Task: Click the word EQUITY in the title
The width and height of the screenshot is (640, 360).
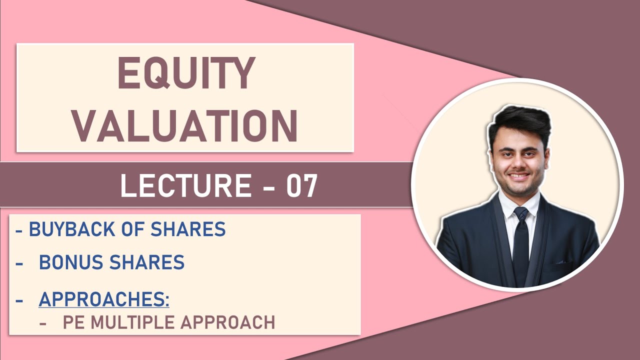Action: (186, 73)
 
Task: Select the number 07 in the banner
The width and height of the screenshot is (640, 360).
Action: (301, 185)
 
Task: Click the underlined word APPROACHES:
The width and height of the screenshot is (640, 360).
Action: (104, 299)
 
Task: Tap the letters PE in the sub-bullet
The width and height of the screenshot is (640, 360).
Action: (72, 322)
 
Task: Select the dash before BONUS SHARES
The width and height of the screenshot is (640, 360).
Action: (20, 262)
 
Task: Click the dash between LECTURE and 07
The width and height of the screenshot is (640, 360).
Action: (269, 186)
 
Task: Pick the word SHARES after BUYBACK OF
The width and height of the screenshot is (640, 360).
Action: (196, 229)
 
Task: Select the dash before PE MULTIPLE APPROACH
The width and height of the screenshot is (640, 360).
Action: (43, 323)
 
